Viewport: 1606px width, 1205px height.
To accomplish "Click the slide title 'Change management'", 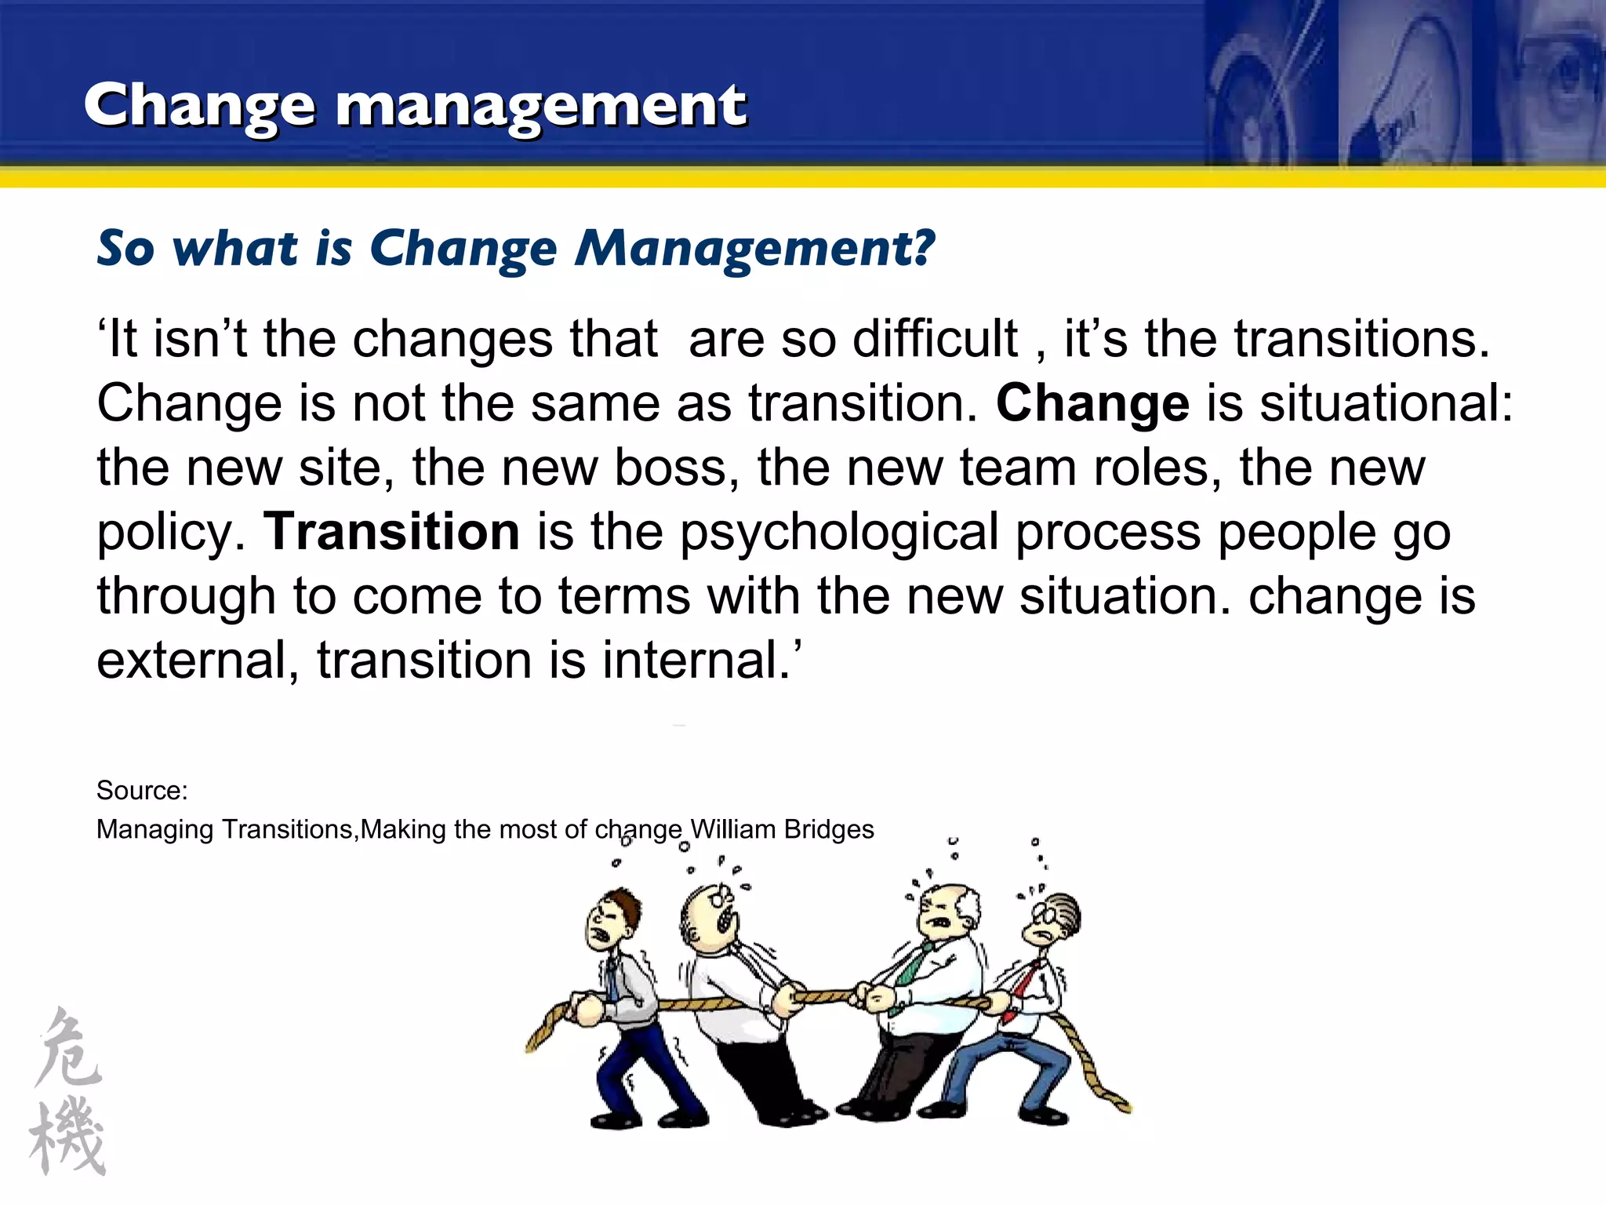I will (416, 106).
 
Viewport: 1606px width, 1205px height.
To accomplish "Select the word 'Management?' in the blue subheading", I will (754, 249).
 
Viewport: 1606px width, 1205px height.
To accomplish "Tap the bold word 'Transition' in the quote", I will (391, 532).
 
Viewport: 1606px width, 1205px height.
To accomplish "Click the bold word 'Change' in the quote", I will (1092, 403).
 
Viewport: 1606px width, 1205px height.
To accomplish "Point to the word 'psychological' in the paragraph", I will (839, 533).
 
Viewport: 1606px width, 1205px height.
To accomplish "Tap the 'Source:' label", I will (142, 790).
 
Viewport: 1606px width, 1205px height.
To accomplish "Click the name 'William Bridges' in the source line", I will (782, 829).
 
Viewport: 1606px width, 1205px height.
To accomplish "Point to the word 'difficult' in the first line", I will (935, 339).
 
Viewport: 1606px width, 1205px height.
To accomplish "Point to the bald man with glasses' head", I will (710, 914).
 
